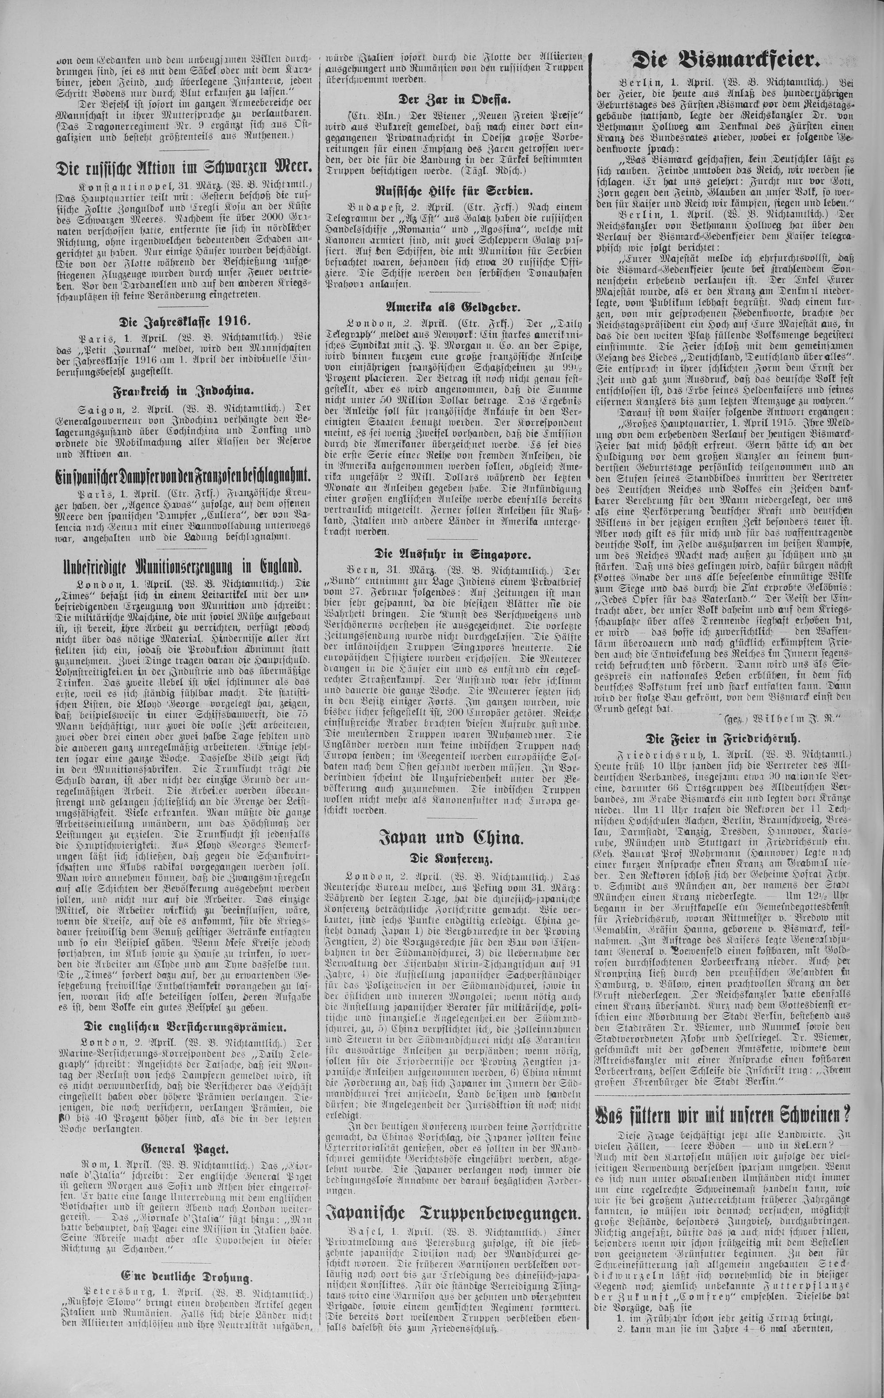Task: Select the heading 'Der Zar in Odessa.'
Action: point(450,99)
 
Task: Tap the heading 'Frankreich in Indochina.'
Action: point(185,389)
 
